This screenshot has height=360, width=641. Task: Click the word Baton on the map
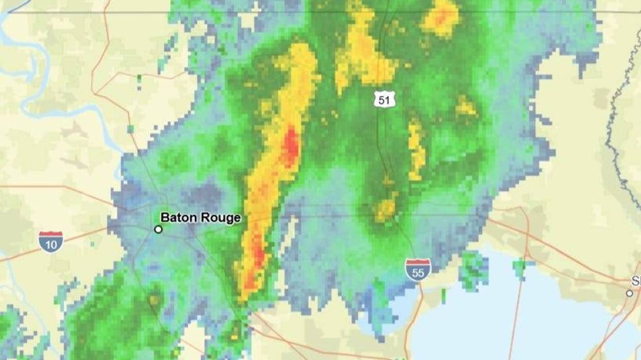178,218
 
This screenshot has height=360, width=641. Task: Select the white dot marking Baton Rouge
159,229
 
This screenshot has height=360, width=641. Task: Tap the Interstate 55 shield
418,269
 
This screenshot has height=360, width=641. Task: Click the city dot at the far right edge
630,293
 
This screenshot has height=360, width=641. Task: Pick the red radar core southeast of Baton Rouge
256,263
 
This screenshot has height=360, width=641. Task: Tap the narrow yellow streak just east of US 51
416,149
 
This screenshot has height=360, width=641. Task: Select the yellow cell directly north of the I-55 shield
386,208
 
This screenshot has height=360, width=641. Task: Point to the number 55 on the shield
418,272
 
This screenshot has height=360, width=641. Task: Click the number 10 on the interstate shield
50,244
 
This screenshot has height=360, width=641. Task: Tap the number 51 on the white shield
384,100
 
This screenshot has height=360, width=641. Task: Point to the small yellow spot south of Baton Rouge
154,299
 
